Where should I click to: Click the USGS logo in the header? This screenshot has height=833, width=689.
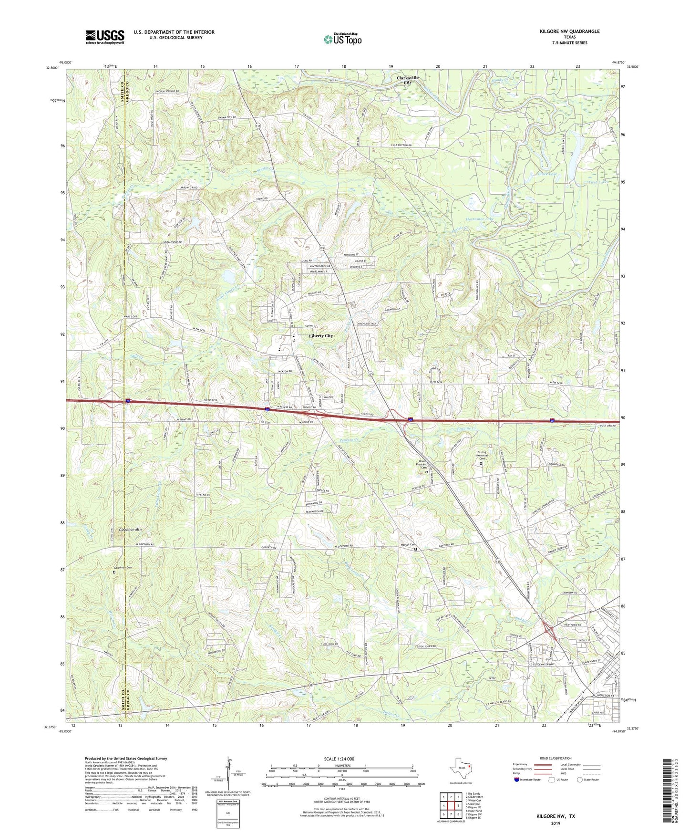tap(105, 36)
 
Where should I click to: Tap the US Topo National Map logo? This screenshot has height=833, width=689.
tap(342, 39)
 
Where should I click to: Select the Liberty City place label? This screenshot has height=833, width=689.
tap(321, 336)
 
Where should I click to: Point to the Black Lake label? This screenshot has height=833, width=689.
tap(547, 174)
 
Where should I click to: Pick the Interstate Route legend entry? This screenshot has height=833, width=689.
tap(528, 780)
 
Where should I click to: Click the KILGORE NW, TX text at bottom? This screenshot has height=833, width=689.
tap(555, 816)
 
